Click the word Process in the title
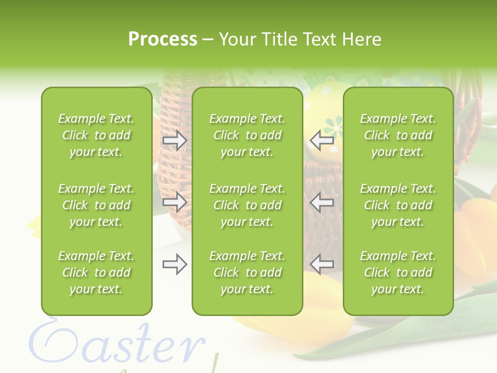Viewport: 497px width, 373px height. (162, 39)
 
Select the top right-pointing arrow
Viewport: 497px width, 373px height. (174, 140)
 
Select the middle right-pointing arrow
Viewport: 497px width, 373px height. (174, 202)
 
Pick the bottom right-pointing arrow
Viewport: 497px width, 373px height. (174, 264)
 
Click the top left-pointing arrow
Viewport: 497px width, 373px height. (322, 140)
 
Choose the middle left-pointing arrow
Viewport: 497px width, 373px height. (322, 202)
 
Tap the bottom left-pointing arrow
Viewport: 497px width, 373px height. (322, 264)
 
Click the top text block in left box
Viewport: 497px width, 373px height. (96, 135)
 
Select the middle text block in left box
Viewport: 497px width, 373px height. (96, 205)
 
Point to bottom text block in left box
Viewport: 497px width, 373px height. (96, 272)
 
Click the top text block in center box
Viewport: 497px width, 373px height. (247, 135)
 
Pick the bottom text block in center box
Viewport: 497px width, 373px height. (247, 272)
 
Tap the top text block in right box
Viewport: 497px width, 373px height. (398, 135)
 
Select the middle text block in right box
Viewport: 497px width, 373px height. (398, 205)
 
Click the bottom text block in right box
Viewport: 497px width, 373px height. (398, 272)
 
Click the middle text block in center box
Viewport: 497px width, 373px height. (247, 205)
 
